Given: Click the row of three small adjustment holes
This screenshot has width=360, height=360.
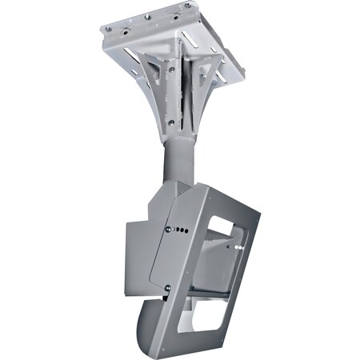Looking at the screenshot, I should (x=182, y=232).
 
